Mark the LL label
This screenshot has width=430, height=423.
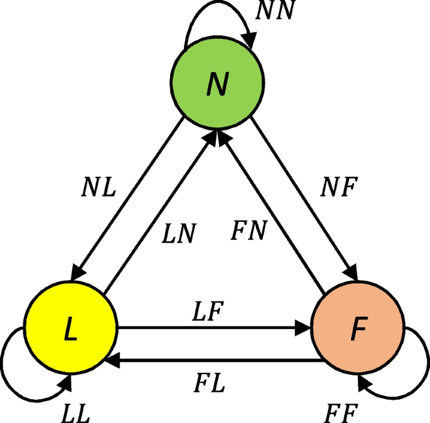[x=76, y=412]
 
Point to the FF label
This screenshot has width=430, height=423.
[x=342, y=412]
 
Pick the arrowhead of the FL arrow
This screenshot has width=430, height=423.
[x=113, y=360]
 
